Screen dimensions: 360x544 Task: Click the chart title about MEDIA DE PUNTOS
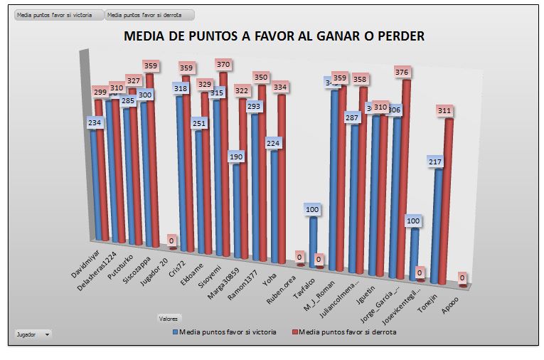274,37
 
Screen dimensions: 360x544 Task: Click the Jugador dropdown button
33,334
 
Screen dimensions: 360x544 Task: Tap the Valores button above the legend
169,319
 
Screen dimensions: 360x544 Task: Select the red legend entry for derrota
343,332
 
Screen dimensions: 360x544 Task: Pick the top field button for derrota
149,14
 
